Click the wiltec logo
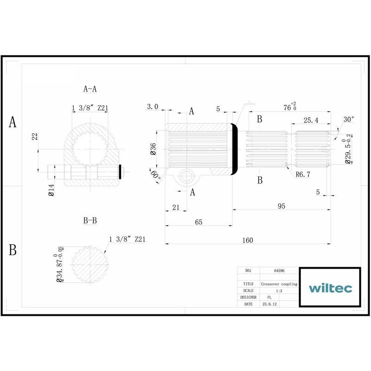coord(330,288)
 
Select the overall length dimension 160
coord(248,240)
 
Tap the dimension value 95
coord(281,206)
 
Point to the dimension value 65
coord(198,222)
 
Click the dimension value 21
coord(176,207)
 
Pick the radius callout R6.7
coord(303,174)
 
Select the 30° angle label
coord(349,119)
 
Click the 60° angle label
coord(156,175)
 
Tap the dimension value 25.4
coord(311,120)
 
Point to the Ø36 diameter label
coord(153,149)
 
